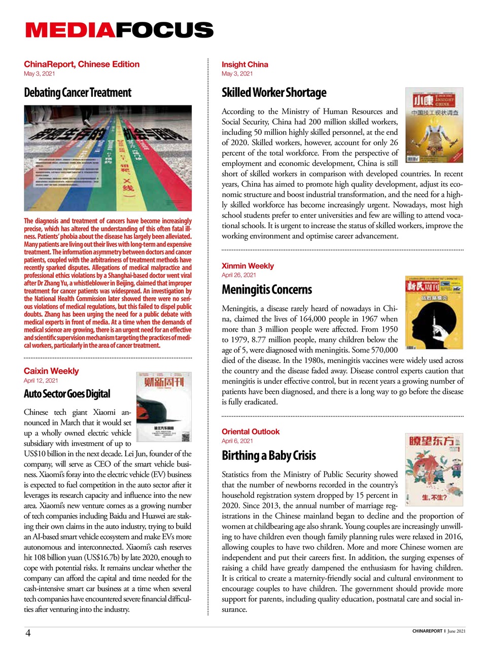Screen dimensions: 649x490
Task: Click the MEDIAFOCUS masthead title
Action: point(119,30)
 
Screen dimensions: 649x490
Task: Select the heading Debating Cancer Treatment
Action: point(78,93)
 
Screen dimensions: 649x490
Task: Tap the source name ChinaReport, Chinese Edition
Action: point(82,64)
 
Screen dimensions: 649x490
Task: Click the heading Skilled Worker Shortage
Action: point(274,93)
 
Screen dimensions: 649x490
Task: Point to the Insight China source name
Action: point(244,64)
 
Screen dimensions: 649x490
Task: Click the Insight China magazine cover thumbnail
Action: point(434,125)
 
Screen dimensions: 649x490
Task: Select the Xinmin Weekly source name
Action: point(248,266)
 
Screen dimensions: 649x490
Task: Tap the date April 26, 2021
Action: point(238,275)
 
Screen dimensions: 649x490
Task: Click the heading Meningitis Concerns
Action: point(267,290)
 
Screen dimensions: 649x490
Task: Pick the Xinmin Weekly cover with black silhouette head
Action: point(434,312)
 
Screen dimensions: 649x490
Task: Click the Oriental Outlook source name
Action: point(251,431)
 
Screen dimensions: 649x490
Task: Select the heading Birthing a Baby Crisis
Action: point(269,455)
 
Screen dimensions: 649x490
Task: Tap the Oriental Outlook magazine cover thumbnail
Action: point(434,470)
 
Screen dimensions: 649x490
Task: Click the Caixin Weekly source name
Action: point(51,371)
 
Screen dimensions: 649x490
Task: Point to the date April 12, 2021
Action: point(41,380)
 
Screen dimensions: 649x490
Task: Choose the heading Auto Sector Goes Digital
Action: point(67,394)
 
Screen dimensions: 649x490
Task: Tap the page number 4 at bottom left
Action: point(28,633)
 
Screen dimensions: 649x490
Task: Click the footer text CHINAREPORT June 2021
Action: point(439,631)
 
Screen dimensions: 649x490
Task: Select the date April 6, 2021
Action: point(237,441)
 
